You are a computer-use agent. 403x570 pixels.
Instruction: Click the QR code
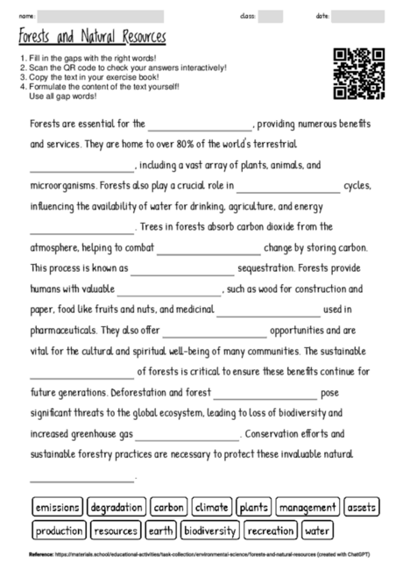click(359, 73)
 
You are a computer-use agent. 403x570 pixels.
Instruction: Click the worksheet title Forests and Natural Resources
click(92, 38)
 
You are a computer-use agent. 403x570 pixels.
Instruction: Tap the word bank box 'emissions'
click(59, 507)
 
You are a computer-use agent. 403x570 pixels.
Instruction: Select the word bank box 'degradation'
click(117, 507)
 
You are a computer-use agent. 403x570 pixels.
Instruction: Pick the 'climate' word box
click(211, 507)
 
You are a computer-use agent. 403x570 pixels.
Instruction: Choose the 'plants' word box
click(253, 507)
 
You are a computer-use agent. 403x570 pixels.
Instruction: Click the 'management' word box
click(307, 507)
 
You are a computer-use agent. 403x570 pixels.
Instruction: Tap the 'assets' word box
click(361, 507)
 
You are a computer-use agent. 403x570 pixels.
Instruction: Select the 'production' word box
click(59, 531)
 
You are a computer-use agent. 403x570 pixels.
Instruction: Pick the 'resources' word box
click(115, 531)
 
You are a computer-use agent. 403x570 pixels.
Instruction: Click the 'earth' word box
click(160, 531)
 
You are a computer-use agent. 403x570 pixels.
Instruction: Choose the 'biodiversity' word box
click(210, 531)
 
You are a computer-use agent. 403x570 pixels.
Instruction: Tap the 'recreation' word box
click(270, 531)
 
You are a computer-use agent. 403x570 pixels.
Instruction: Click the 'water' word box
click(317, 531)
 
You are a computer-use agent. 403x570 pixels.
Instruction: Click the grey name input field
click(101, 16)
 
